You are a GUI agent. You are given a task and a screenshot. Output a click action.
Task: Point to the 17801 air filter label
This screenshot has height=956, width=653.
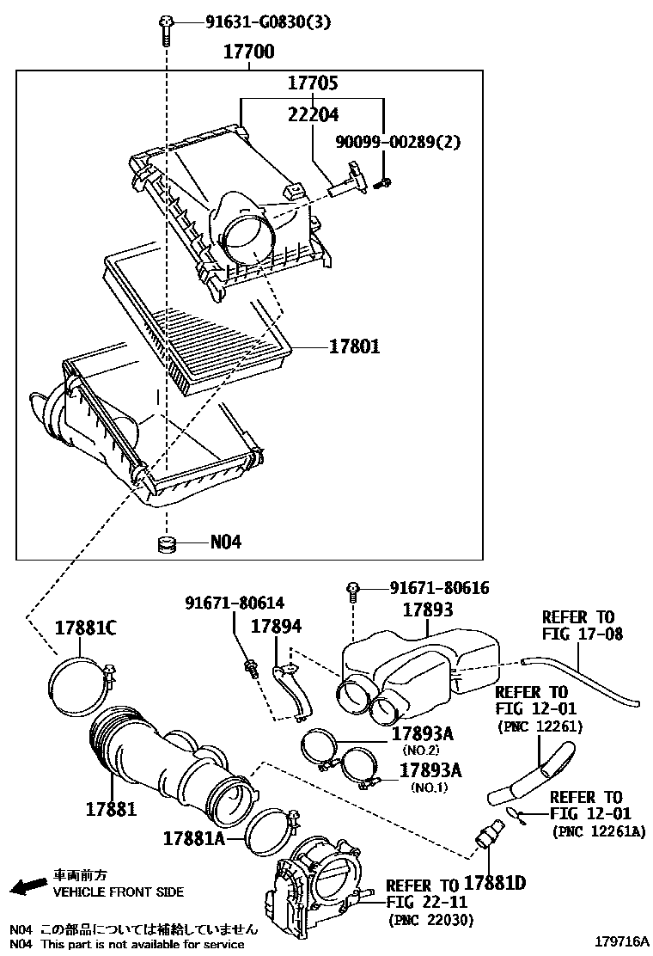[354, 347]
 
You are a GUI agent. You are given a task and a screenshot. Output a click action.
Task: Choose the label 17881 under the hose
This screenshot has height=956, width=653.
[112, 809]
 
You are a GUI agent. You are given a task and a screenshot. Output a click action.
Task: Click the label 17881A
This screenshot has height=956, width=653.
[195, 836]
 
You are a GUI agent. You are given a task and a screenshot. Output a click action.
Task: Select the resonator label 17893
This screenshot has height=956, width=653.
[428, 610]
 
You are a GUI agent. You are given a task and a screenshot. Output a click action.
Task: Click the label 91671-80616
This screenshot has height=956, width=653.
[439, 588]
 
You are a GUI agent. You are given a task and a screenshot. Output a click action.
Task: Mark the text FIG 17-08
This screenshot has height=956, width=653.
[582, 634]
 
